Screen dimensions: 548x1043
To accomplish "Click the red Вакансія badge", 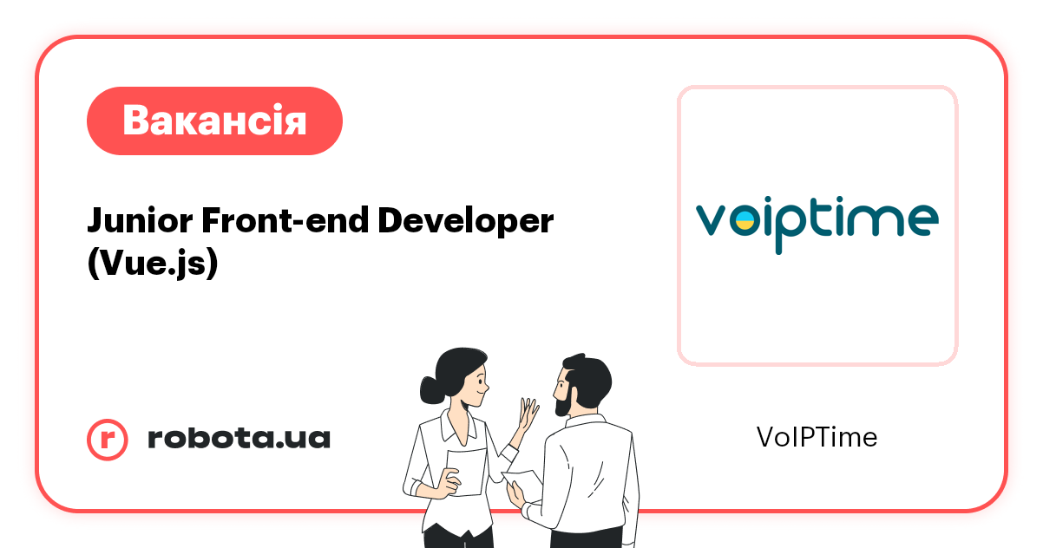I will pyautogui.click(x=214, y=121).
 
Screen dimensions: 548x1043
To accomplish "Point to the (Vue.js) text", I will pyautogui.click(x=152, y=264).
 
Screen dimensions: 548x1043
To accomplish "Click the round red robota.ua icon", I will pyautogui.click(x=108, y=439).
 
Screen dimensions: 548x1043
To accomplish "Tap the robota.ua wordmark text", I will pyautogui.click(x=239, y=439).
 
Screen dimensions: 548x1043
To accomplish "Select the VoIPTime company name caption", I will pyautogui.click(x=817, y=438).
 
